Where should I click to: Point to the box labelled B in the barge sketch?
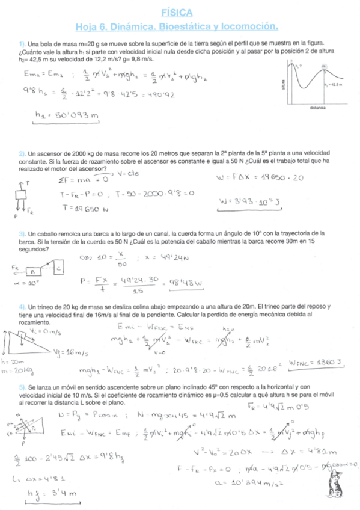click(x=35, y=272)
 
